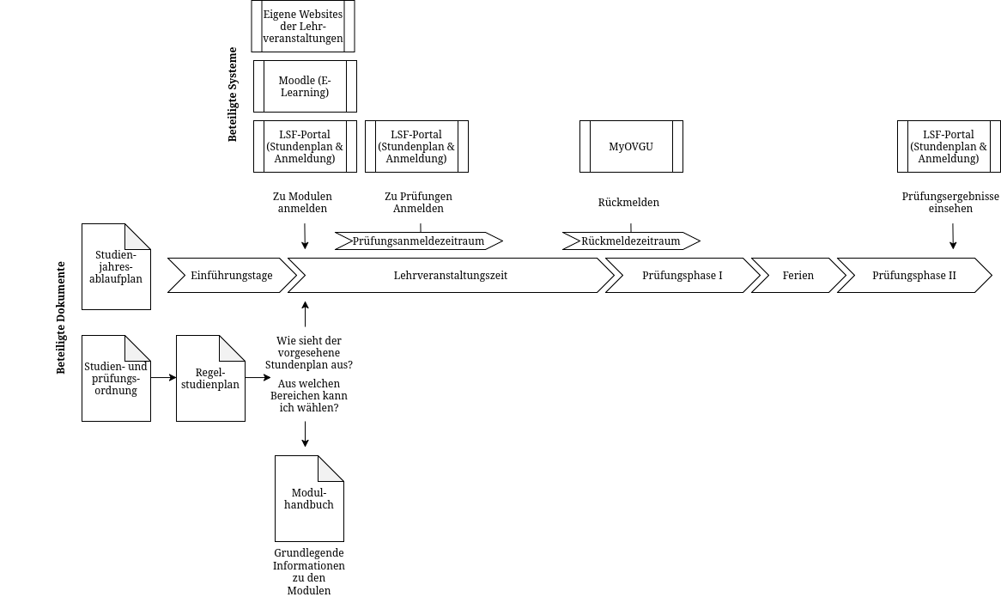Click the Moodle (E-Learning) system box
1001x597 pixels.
point(305,86)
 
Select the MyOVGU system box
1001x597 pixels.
point(631,146)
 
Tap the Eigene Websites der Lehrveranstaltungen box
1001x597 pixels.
point(303,27)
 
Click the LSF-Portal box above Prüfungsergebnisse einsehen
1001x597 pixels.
point(949,146)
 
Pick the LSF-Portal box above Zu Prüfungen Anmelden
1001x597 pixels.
point(416,146)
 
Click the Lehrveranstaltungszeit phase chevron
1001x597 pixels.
point(451,276)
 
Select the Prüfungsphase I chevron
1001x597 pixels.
point(682,276)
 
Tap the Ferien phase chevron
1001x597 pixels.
point(798,276)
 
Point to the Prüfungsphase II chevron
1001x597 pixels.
point(914,276)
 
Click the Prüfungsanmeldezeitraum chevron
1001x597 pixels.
point(418,241)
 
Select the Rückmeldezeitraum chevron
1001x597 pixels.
point(631,241)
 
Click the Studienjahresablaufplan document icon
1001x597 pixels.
point(116,266)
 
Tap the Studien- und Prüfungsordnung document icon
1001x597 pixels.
point(116,378)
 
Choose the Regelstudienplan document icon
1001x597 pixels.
point(210,378)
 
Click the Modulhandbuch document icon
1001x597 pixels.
point(309,498)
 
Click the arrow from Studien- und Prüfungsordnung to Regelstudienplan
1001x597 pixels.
point(163,377)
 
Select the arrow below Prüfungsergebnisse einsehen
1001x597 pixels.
point(953,236)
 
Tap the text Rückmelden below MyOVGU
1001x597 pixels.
point(628,203)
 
